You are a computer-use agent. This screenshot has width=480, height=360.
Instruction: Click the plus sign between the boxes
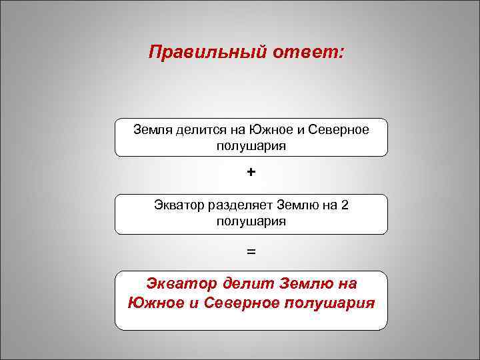pyautogui.click(x=251, y=173)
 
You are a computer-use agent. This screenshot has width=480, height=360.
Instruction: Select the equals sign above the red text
pyautogui.click(x=251, y=252)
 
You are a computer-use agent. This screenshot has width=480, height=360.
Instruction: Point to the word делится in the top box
pyautogui.click(x=200, y=129)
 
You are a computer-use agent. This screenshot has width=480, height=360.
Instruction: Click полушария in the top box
pyautogui.click(x=251, y=145)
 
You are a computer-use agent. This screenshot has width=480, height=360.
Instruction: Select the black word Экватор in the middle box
pyautogui.click(x=179, y=205)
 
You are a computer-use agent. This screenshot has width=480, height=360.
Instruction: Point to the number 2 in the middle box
pyautogui.click(x=344, y=205)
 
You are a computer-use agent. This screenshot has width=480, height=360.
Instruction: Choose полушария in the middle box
pyautogui.click(x=251, y=221)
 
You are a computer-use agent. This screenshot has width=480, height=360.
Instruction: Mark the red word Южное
pyautogui.click(x=157, y=303)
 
